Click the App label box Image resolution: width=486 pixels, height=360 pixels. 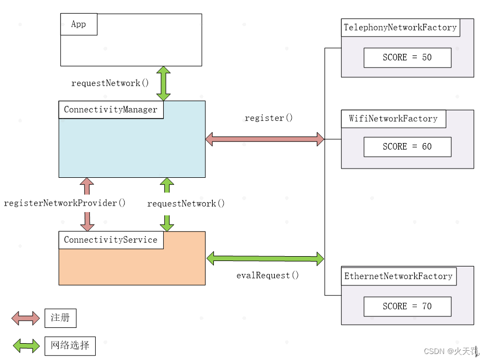coord(78,24)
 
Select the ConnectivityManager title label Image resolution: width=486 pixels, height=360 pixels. coord(110,109)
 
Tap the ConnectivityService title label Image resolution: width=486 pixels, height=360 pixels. coord(110,240)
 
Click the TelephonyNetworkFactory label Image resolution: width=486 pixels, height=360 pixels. coord(400,28)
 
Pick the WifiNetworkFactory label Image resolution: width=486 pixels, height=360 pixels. coord(393,119)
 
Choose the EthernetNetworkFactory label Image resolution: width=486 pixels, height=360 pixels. coord(398,276)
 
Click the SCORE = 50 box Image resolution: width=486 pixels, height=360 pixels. coord(407,58)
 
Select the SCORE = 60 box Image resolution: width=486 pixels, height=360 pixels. coord(407,147)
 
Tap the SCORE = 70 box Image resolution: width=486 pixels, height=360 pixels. coord(407,306)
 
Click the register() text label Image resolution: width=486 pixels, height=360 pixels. coord(268,118)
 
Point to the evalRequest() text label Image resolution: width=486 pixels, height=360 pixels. coord(267,275)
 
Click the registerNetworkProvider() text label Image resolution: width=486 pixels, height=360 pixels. coord(65,203)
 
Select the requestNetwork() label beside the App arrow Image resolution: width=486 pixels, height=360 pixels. coord(110,83)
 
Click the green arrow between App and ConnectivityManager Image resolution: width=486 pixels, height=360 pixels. coord(163,83)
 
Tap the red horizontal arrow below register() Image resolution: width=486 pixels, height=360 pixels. coord(265,139)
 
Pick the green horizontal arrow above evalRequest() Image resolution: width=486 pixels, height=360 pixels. coord(265,258)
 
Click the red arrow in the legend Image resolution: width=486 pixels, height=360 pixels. coord(26,318)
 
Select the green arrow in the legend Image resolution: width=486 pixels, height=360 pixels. coord(26,345)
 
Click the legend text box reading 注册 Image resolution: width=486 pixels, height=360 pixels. coord(60,318)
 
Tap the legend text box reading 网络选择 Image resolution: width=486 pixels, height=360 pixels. coord(70,345)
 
